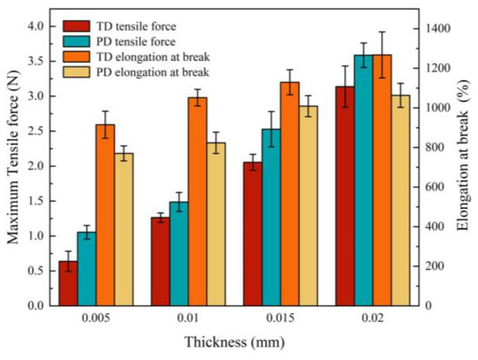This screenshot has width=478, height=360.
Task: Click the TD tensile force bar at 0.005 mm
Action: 68,283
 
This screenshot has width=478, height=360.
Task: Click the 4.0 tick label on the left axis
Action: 33,27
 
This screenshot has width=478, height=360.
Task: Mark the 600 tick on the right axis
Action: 438,187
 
